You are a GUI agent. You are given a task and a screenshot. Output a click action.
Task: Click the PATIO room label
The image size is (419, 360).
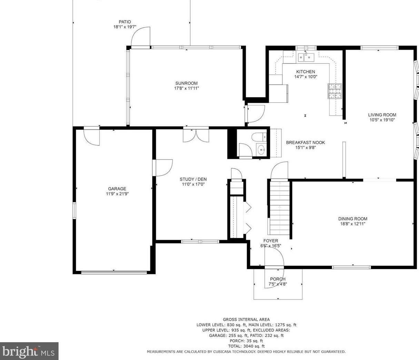(125, 22)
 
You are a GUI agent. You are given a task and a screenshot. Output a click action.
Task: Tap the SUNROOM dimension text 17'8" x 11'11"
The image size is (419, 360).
(187, 88)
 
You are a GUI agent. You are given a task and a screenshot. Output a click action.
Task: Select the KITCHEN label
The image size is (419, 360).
(306, 72)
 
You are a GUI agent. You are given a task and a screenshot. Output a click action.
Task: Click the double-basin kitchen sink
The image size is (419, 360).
(306, 57)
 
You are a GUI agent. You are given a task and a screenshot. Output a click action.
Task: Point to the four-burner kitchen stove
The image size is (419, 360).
(335, 91)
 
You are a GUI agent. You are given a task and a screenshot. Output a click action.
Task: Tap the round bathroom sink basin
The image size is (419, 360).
(261, 150)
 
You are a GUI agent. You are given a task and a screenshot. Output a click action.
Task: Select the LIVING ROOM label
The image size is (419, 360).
(382, 115)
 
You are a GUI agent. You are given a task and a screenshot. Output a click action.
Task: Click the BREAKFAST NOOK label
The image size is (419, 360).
(305, 143)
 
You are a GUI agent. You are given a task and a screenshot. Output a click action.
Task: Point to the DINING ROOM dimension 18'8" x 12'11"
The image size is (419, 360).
(353, 224)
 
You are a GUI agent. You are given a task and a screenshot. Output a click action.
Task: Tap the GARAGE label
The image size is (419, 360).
(117, 189)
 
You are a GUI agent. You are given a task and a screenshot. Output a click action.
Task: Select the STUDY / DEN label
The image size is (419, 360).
(193, 179)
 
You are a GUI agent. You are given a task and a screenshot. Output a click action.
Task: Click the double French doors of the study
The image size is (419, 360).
(196, 135)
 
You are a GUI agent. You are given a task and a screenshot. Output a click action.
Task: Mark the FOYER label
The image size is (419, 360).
(271, 241)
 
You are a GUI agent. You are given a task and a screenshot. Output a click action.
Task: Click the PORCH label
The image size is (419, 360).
(278, 279)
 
